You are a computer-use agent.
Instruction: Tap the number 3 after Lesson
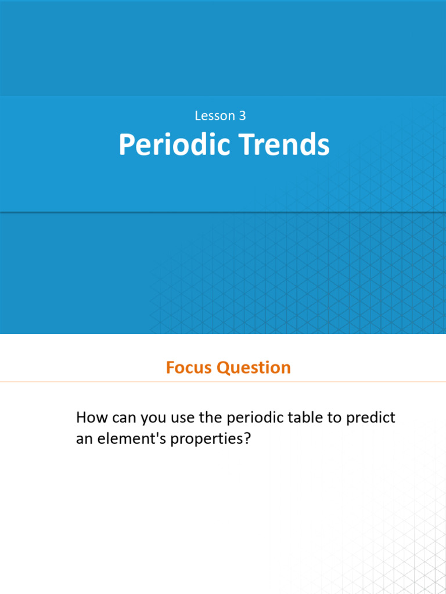click(x=242, y=116)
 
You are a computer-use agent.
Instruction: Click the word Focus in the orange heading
click(x=188, y=368)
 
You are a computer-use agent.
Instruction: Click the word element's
click(x=127, y=439)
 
